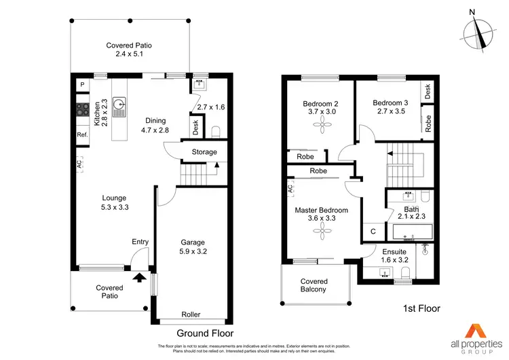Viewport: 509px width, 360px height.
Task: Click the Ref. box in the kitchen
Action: [x=82, y=135]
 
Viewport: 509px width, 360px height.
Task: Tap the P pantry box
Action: [x=82, y=84]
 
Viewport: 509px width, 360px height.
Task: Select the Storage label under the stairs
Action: [x=204, y=152]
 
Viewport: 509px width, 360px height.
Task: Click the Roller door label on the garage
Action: [x=191, y=314]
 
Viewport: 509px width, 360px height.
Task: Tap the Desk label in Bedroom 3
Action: [x=428, y=90]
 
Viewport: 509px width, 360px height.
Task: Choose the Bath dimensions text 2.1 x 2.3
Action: [x=411, y=217]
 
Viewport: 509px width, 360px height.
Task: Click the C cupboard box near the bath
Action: [x=373, y=232]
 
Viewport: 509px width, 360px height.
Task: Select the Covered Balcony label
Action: [x=314, y=285]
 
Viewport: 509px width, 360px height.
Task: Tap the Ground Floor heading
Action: [x=205, y=334]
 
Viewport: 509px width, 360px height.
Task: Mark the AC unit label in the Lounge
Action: [x=79, y=164]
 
